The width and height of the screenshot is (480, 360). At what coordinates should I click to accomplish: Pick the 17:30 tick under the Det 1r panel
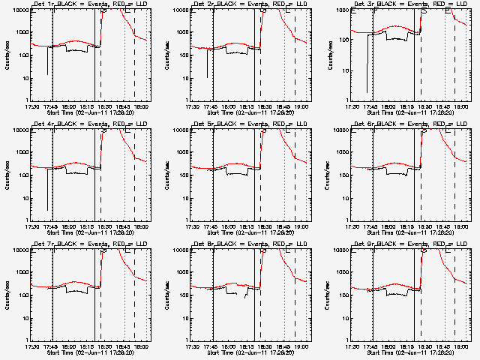pos(33,106)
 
